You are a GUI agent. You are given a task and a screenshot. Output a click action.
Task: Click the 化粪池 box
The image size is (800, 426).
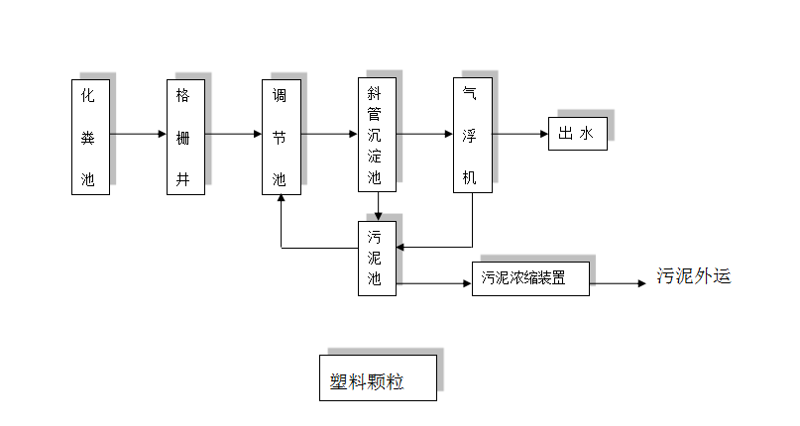pos(90,137)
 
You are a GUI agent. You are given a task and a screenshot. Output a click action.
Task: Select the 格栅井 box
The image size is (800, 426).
pos(185,137)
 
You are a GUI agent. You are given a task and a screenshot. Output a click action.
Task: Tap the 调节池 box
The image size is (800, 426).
pos(281,137)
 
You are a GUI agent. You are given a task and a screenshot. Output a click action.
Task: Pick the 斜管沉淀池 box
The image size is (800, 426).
pos(377,135)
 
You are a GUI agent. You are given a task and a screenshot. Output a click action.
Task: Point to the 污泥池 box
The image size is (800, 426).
pos(377,258)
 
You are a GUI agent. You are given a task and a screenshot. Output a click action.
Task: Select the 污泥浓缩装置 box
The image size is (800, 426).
pos(530,278)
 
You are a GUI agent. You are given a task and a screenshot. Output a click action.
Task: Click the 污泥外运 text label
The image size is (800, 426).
pos(694,276)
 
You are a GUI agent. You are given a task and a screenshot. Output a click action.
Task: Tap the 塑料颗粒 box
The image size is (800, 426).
pos(378,377)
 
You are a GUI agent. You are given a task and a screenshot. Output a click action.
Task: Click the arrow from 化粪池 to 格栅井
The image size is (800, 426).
pos(138,134)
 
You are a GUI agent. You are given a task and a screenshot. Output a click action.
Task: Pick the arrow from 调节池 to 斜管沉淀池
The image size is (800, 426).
pos(329,134)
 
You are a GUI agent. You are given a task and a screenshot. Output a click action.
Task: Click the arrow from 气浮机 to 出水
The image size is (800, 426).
pos(519,134)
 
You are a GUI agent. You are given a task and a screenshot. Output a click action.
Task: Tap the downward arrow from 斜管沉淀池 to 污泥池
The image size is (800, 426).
pos(378,206)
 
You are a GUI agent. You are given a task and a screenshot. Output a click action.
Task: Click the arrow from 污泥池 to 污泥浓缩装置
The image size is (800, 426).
pos(433,284)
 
